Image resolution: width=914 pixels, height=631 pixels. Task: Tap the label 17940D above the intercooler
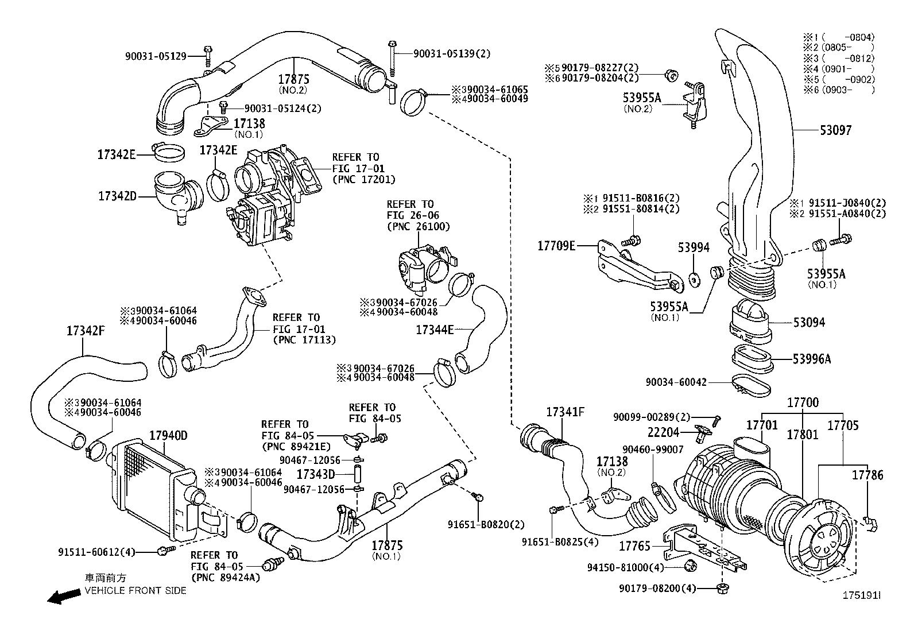168,436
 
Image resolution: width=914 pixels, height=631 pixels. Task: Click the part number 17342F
86,331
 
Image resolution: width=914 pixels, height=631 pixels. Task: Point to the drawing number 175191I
861,597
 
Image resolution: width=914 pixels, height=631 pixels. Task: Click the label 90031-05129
156,56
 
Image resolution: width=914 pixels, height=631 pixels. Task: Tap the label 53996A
812,359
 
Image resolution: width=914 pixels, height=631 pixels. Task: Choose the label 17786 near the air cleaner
867,475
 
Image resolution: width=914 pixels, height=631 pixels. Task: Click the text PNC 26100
418,227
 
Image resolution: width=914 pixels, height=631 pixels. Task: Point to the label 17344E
435,330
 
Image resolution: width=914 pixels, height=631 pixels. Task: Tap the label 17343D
315,474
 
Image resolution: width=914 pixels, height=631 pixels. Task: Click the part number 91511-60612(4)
96,552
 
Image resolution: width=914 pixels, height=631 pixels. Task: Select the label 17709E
556,246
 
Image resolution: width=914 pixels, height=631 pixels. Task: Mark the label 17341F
565,412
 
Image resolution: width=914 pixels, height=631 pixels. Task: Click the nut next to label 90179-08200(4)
721,587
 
